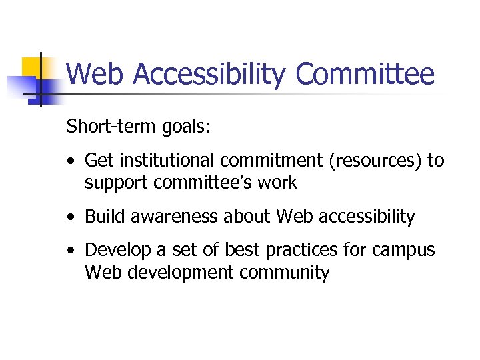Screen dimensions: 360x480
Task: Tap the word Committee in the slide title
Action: tap(365, 74)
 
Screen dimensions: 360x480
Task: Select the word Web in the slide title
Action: tap(95, 74)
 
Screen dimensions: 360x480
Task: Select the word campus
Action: tap(404, 251)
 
